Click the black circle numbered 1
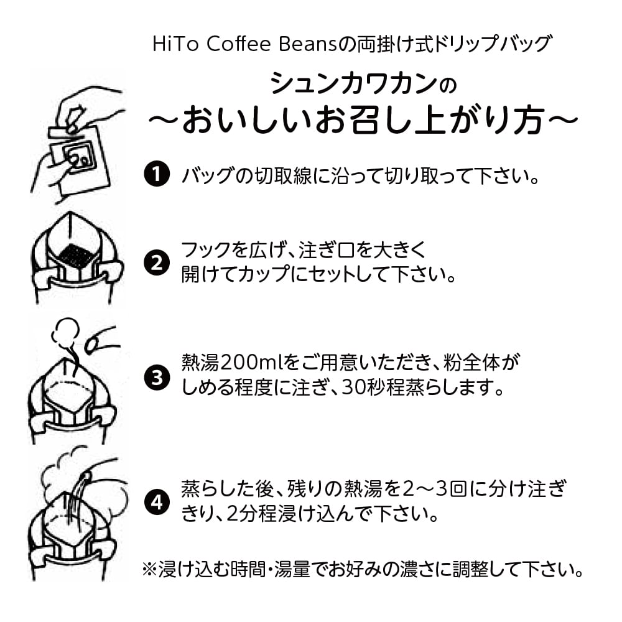(157, 175)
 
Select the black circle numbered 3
(157, 377)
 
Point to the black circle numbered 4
(157, 501)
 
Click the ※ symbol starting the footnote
(150, 570)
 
